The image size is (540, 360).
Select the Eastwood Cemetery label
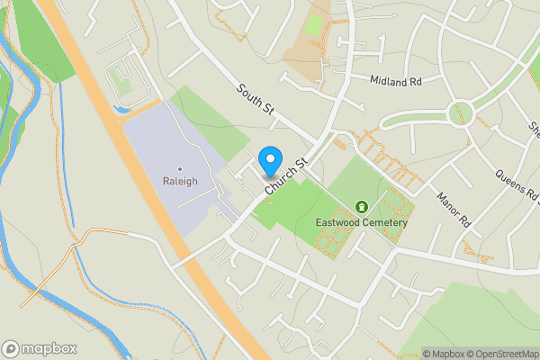[362, 222]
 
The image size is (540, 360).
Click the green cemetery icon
[362, 207]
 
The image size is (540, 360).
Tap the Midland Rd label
[395, 80]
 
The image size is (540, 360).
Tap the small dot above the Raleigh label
[180, 168]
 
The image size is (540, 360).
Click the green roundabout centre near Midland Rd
[462, 112]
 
